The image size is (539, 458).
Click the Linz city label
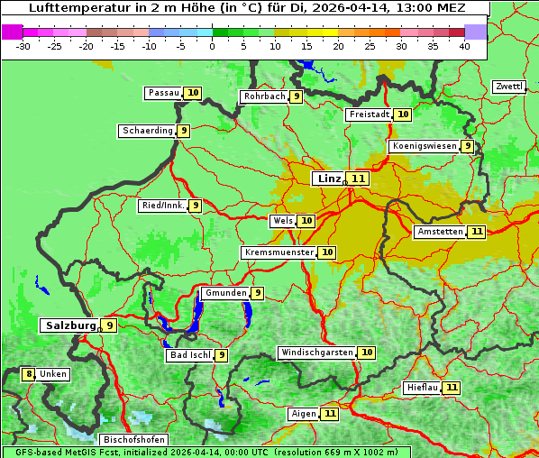328,179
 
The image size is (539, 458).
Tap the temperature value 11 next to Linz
360,179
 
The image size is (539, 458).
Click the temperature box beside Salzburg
109,325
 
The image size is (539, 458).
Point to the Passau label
163,93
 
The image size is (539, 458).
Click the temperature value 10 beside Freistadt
403,114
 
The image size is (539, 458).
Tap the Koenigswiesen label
424,146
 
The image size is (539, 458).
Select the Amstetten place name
440,232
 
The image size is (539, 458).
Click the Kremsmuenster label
279,252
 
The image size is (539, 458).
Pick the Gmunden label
224,293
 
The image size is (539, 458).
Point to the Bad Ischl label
190,355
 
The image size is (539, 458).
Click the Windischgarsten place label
316,353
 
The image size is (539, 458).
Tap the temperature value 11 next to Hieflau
452,388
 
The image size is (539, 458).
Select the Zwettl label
508,87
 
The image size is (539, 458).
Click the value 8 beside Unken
29,374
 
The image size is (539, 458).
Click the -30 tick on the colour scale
23,46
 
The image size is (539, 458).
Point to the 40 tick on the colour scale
464,46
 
